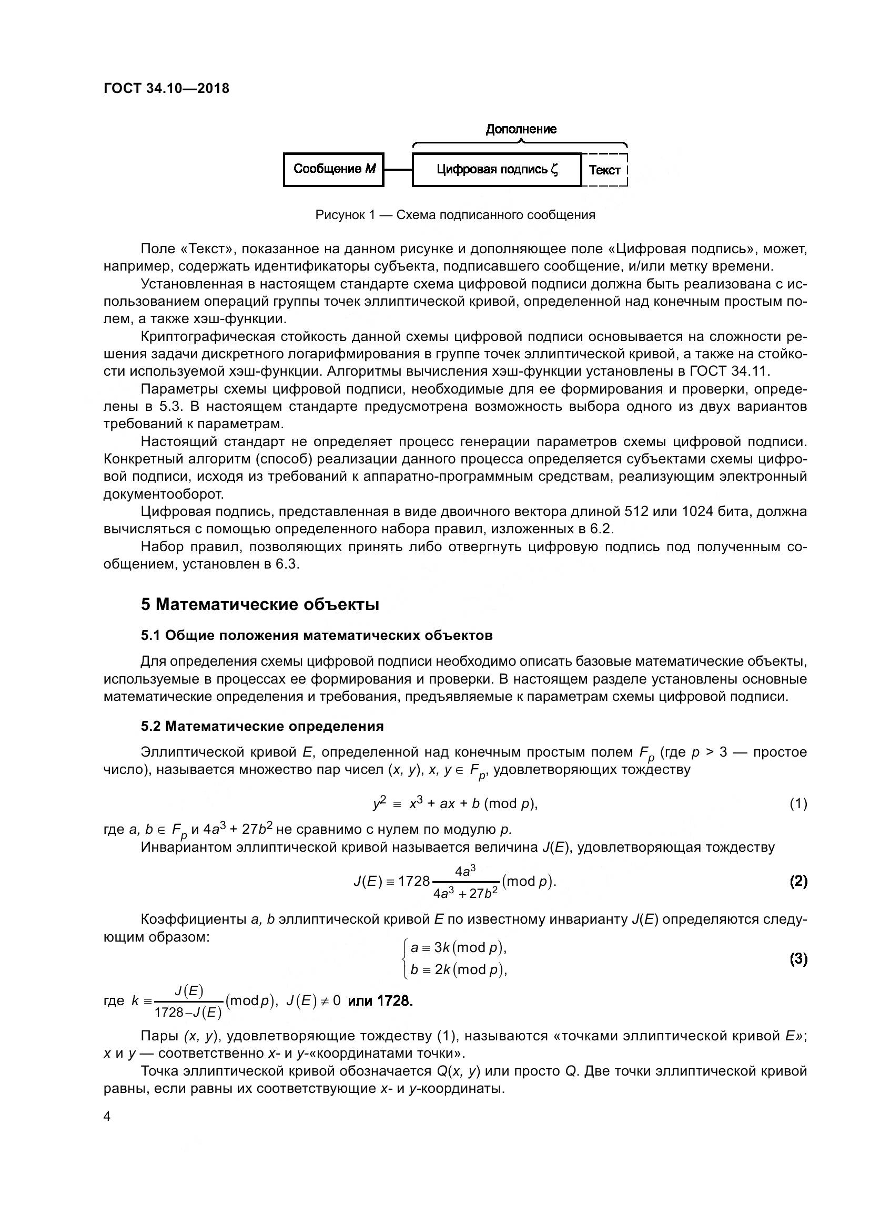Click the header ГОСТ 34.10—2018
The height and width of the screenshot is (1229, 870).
pos(166,88)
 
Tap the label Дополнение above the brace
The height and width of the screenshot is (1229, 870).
pos(521,129)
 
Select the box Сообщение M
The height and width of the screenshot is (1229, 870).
pos(333,170)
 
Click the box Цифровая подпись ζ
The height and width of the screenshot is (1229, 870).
pos(497,170)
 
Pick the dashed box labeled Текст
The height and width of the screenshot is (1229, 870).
pos(605,170)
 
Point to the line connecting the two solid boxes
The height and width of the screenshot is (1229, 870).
pos(398,170)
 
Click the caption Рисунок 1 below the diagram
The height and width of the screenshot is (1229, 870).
pos(455,215)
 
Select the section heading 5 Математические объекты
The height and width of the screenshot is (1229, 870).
pos(260,605)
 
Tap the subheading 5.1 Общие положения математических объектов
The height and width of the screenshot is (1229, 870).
pos(317,635)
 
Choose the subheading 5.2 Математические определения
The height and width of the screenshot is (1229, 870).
pos(262,726)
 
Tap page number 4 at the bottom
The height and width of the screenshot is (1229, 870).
pos(107,1117)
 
